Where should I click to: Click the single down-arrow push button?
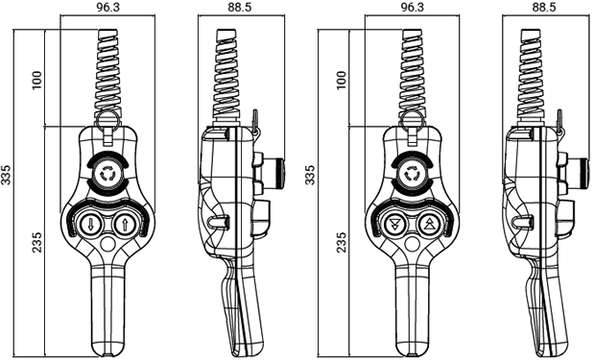pyautogui.click(x=90, y=225)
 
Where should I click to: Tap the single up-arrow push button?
pyautogui.click(x=125, y=225)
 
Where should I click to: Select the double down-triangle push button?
pyautogui.click(x=394, y=225)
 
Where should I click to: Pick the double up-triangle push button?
pyautogui.click(x=429, y=225)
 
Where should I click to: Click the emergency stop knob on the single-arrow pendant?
pyautogui.click(x=107, y=174)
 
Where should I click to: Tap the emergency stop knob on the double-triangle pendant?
pyautogui.click(x=412, y=174)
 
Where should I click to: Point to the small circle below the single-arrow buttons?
pyautogui.click(x=108, y=244)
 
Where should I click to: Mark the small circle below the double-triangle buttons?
pyautogui.click(x=413, y=244)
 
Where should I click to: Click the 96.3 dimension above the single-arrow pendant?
pyautogui.click(x=107, y=8)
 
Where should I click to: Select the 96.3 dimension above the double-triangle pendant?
pyautogui.click(x=412, y=8)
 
